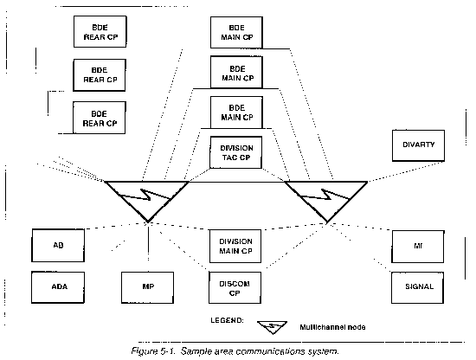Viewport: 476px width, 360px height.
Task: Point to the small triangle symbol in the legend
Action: (273, 327)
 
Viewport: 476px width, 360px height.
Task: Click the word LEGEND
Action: (227, 320)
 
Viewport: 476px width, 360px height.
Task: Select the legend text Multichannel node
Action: (332, 327)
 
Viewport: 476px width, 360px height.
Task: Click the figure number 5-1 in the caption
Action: (168, 351)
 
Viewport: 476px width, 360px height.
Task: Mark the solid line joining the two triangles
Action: (237, 182)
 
